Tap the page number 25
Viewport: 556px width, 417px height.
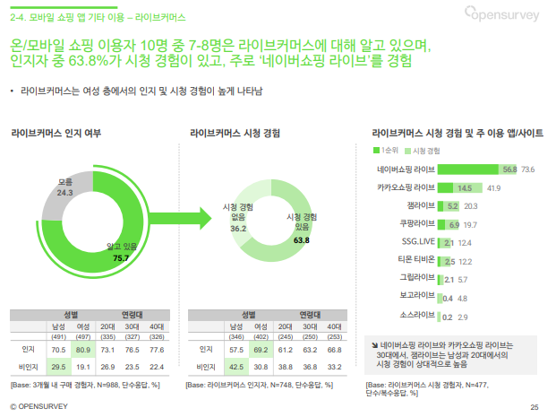(535, 408)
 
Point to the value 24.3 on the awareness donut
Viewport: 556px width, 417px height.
(65, 193)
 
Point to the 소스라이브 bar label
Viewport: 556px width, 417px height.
(417, 316)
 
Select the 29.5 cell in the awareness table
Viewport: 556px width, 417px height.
(58, 366)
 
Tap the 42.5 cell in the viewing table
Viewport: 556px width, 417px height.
(236, 366)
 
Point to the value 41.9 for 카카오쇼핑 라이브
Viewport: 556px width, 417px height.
(493, 187)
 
